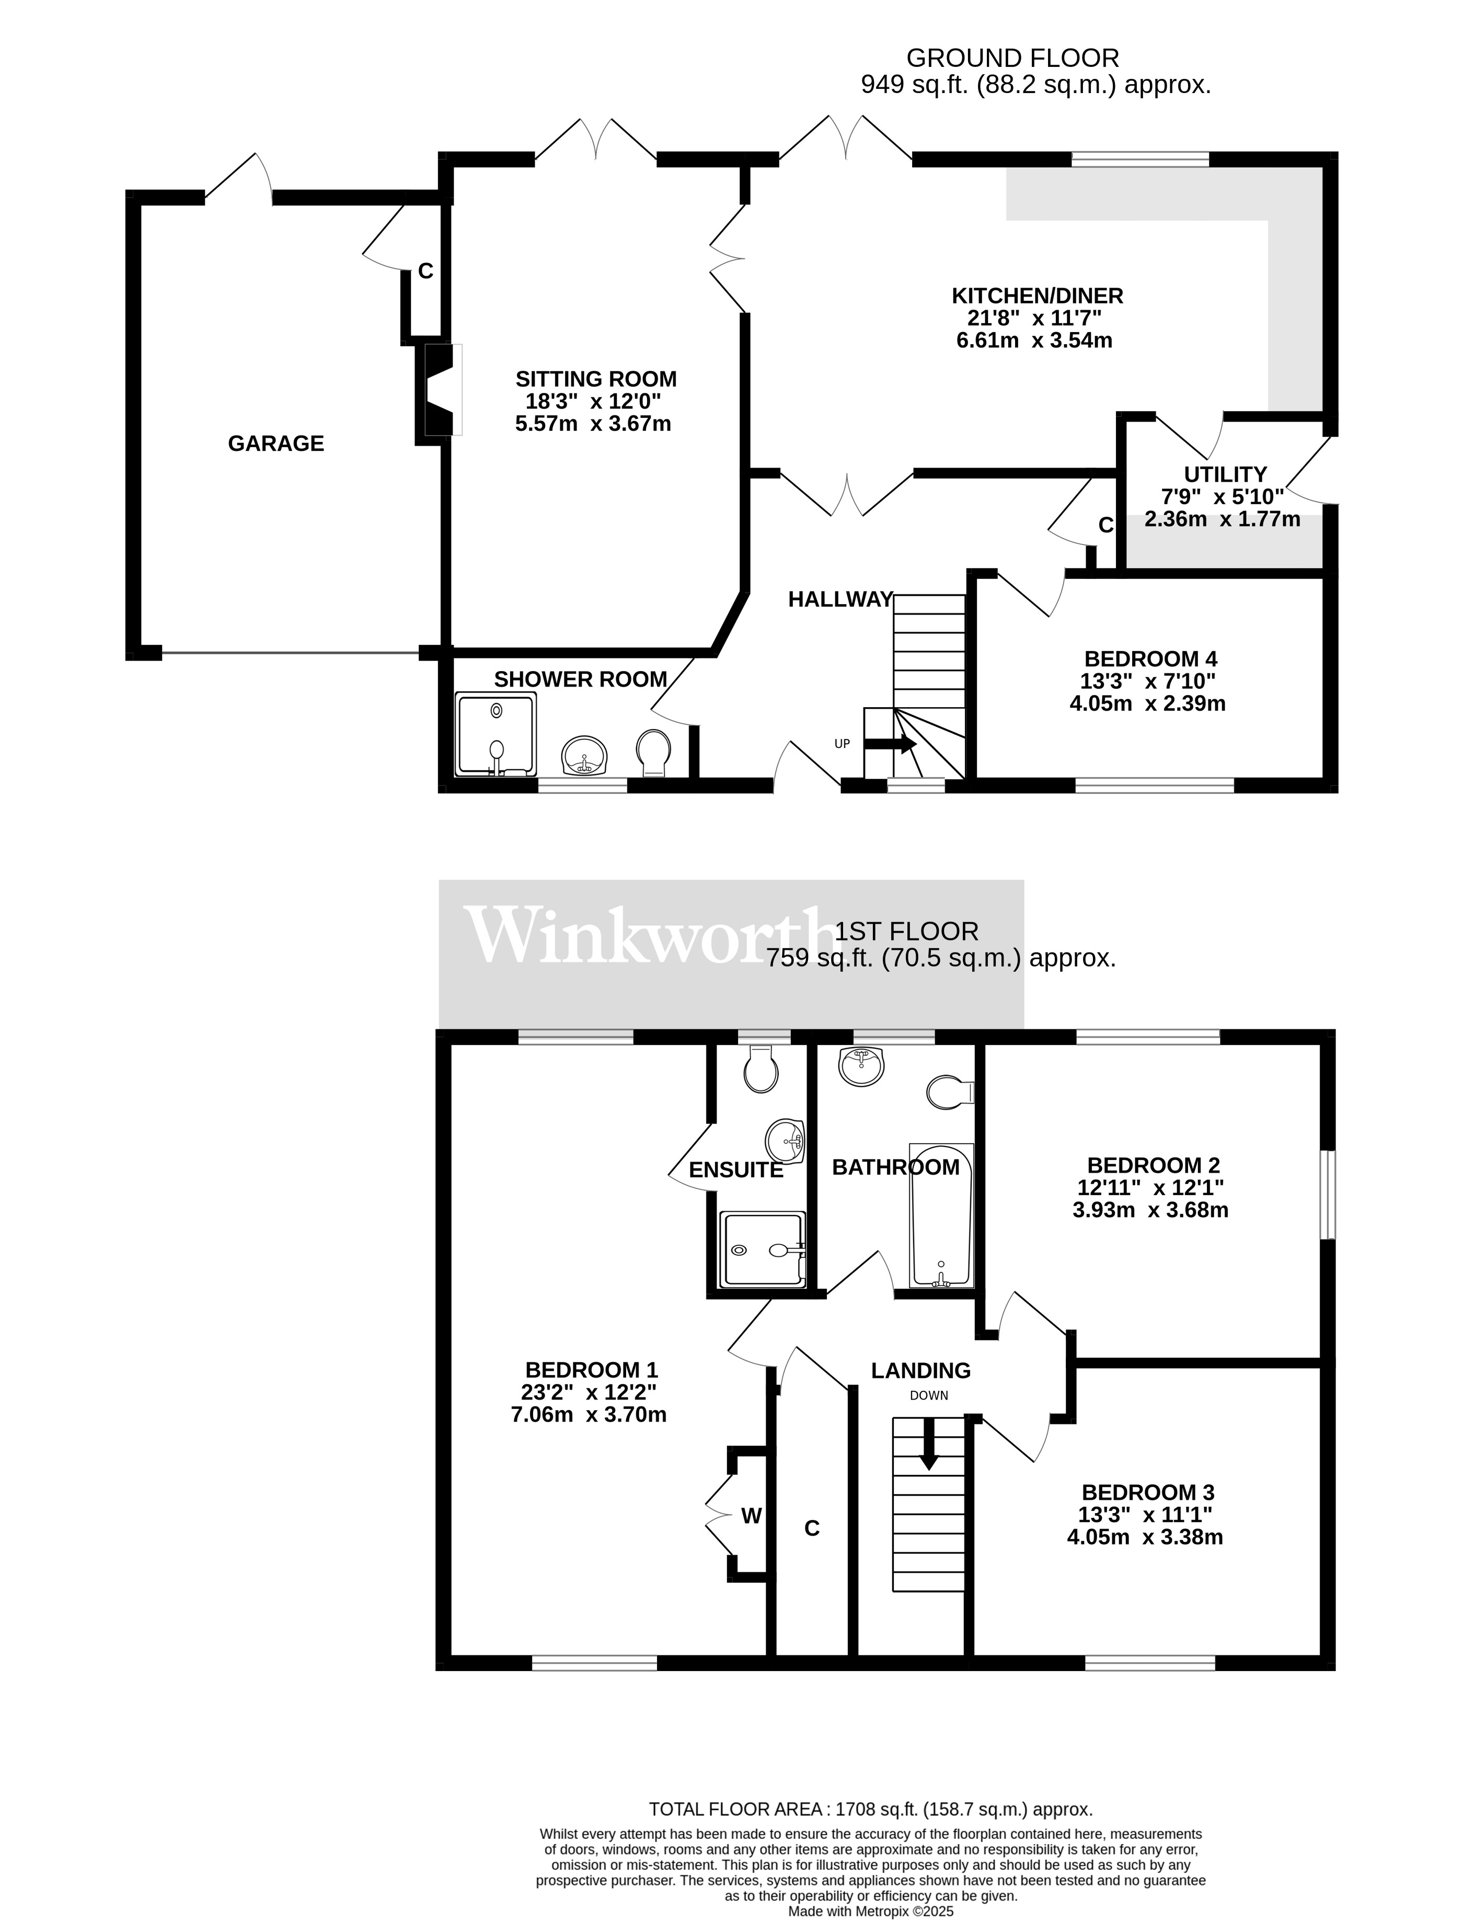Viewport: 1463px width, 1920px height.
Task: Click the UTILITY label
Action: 1224,475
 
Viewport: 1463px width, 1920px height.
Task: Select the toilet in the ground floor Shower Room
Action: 653,752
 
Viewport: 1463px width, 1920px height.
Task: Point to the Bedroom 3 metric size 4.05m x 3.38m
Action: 1144,1538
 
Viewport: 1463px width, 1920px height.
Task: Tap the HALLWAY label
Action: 840,599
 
